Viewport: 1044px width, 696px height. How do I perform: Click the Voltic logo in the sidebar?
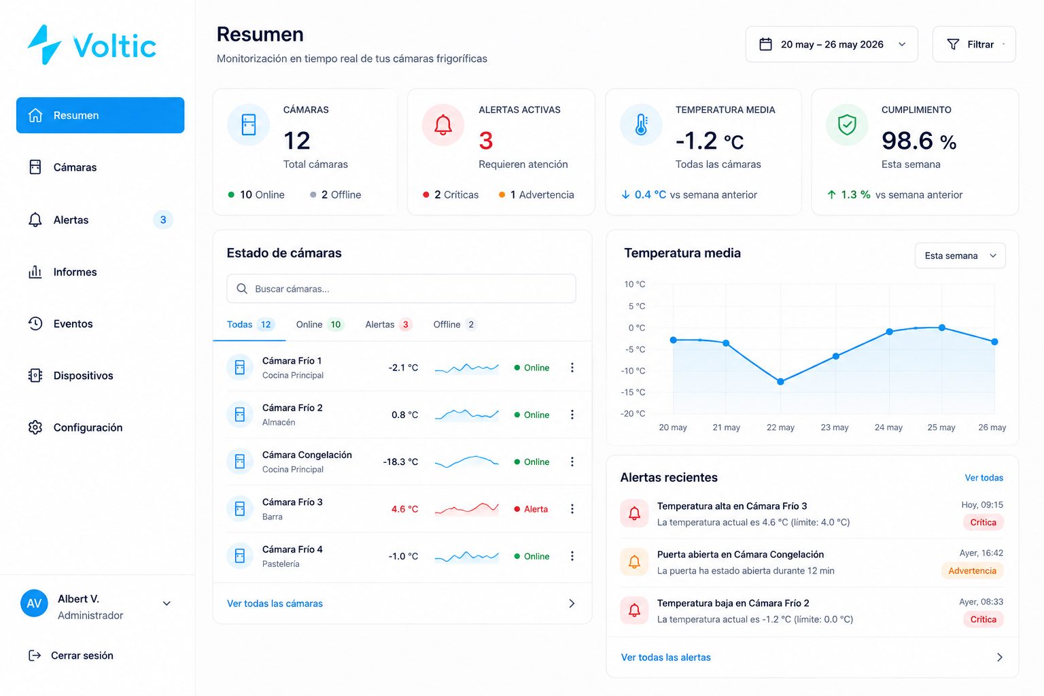[92, 45]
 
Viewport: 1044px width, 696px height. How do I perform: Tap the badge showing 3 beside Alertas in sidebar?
[163, 220]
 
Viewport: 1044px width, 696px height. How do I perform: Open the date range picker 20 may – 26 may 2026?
[831, 44]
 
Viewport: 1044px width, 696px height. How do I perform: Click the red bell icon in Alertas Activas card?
[442, 125]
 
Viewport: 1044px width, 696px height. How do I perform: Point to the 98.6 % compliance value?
[919, 141]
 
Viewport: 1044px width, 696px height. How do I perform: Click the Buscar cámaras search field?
[401, 289]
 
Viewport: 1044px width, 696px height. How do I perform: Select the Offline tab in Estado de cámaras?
[455, 324]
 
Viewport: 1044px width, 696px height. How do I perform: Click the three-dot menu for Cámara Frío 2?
[572, 415]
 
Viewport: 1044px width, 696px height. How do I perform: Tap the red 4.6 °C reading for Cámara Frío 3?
[404, 509]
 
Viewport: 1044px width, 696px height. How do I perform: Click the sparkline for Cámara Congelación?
[466, 462]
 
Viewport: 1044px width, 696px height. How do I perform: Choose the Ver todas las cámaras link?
[275, 604]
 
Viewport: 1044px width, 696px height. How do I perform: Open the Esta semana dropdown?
[960, 256]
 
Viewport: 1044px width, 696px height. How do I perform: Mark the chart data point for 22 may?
[781, 382]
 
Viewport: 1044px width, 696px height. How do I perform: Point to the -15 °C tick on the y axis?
[633, 392]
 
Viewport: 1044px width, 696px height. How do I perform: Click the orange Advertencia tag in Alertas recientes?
[972, 571]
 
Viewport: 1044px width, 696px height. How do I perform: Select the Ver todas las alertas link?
[665, 657]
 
